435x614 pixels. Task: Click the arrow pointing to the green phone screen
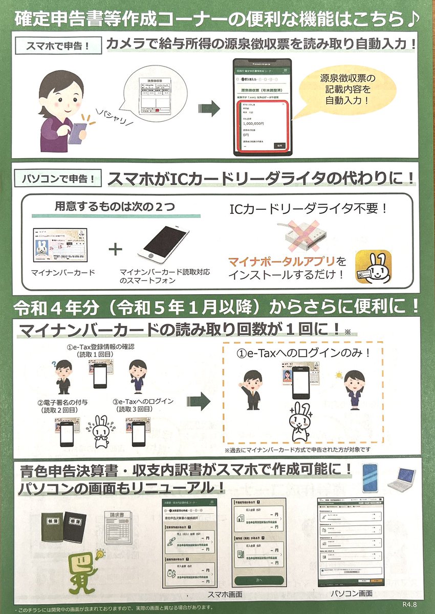point(209,108)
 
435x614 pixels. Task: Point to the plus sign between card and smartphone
point(117,249)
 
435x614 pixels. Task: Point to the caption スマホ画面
point(225,595)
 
